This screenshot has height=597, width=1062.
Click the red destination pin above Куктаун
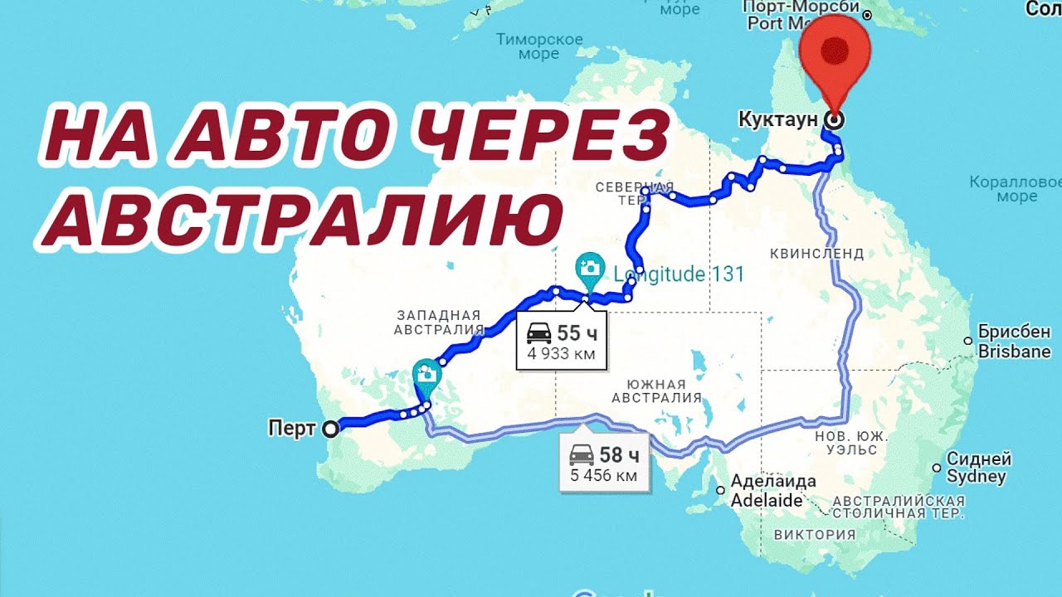point(835,50)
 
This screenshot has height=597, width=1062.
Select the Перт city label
point(291,429)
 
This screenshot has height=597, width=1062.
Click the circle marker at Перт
point(330,429)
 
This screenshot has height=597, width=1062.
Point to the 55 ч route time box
point(561,341)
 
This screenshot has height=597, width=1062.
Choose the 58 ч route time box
point(604,463)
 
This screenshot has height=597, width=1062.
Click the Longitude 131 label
point(679,274)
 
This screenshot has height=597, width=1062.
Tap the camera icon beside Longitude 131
point(589,268)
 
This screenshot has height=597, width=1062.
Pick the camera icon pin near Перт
point(426,374)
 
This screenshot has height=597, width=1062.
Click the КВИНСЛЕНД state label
point(816,253)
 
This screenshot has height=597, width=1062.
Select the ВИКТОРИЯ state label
point(814,535)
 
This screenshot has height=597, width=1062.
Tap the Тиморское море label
point(538,46)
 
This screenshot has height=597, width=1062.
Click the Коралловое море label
point(1016,189)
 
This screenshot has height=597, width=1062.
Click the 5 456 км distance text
point(603,476)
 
